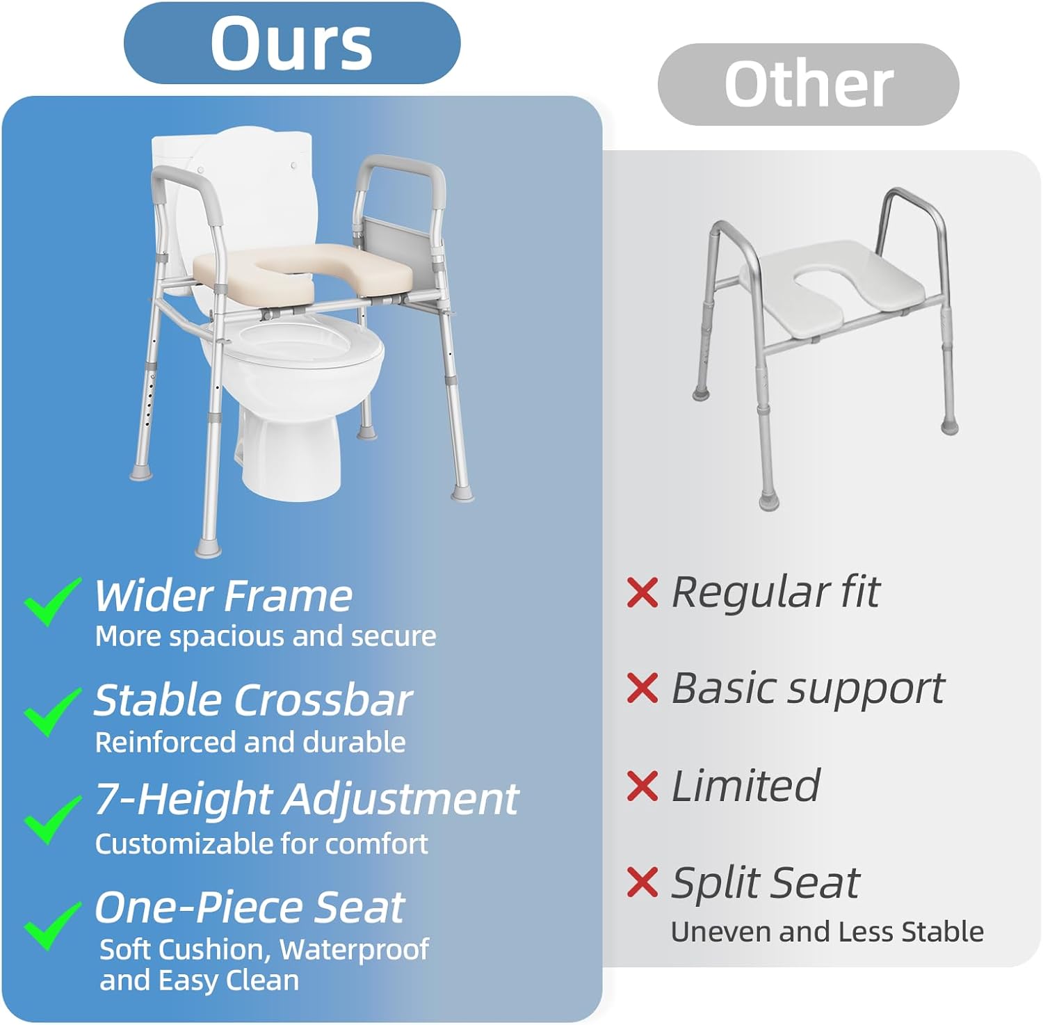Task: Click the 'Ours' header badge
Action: pos(292,43)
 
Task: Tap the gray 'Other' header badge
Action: pos(808,84)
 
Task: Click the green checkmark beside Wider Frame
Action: pos(52,601)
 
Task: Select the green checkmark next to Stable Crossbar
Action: pos(52,711)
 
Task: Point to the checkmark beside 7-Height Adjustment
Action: pos(52,819)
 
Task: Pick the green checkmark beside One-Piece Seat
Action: pos(52,925)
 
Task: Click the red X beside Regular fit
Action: pos(642,592)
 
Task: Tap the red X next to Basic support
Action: pos(642,688)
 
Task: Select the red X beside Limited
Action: pos(642,786)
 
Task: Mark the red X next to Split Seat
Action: pos(642,882)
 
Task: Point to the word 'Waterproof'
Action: pos(355,950)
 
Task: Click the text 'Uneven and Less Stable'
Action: pos(827,932)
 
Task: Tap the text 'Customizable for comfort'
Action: pos(261,844)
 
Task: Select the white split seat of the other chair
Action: pos(838,289)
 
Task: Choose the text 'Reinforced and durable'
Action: pos(250,742)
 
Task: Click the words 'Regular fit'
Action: pos(775,593)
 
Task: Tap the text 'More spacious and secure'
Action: pos(266,636)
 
